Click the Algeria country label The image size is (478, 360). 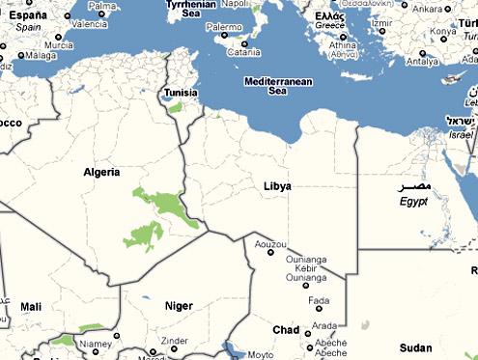pyautogui.click(x=101, y=173)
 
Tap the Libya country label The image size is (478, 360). pyautogui.click(x=276, y=185)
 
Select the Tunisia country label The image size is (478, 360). pyautogui.click(x=182, y=94)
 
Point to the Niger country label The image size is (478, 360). pyautogui.click(x=179, y=306)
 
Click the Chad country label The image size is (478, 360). pyautogui.click(x=285, y=330)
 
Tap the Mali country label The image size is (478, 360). pyautogui.click(x=31, y=307)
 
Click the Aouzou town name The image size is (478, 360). pyautogui.click(x=268, y=246)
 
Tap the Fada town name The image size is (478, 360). pyautogui.click(x=319, y=300)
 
